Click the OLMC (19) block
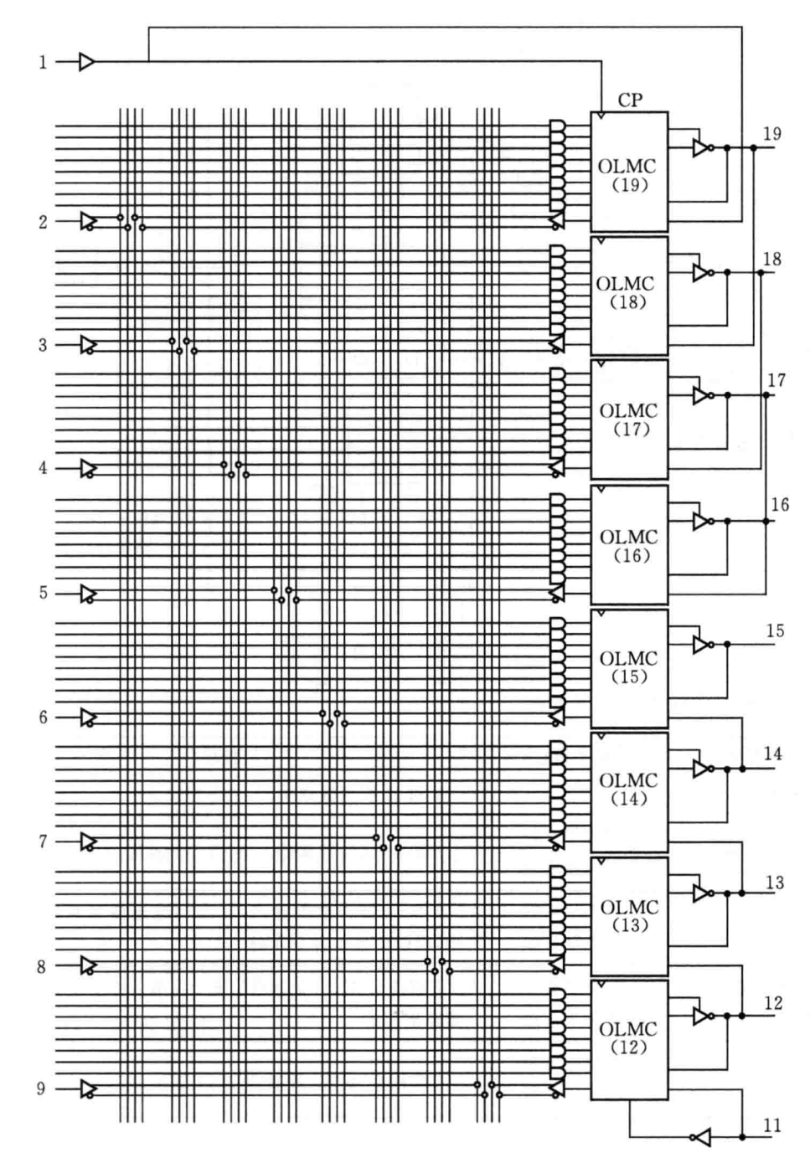(629, 172)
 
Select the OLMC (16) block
(629, 544)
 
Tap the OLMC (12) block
(629, 1039)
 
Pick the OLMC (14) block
(629, 791)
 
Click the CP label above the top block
(630, 100)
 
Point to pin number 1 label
(43, 62)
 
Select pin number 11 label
(772, 1126)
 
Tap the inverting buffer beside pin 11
(701, 1137)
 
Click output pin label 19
(772, 134)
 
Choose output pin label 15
(775, 630)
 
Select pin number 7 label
(43, 841)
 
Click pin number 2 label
(43, 222)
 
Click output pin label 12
(773, 1003)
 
